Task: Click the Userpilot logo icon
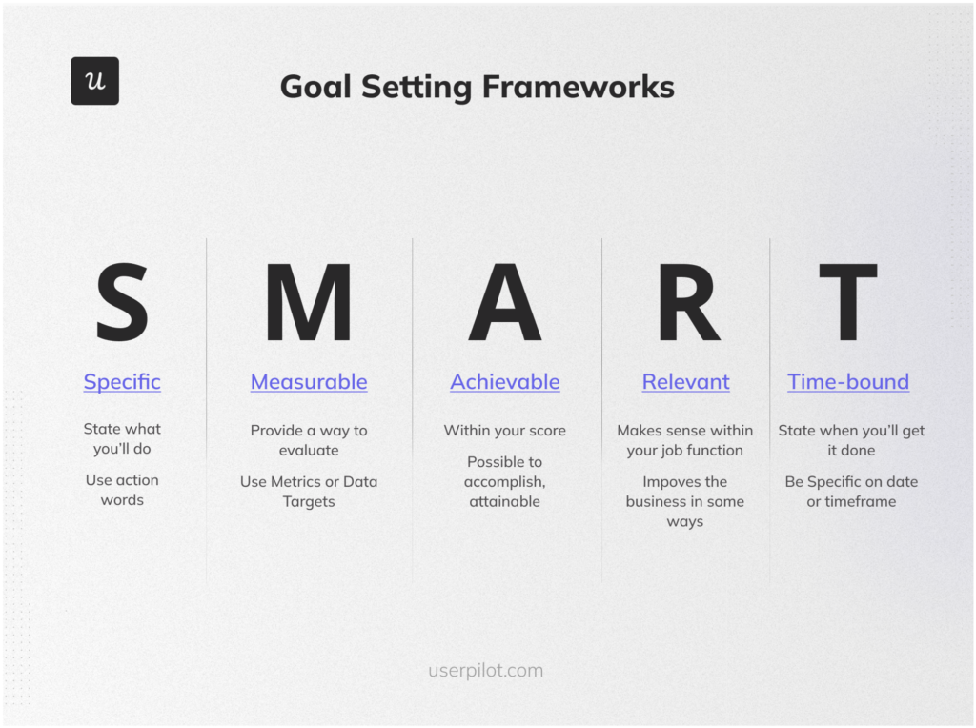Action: coord(94,81)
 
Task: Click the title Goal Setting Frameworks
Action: coord(477,87)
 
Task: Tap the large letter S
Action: coord(122,303)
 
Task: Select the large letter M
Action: coord(308,303)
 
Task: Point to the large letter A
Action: coord(504,303)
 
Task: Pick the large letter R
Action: coord(686,303)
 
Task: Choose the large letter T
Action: coord(847,303)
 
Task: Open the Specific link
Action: coord(122,382)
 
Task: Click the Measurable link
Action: coord(309,382)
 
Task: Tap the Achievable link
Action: coord(504,382)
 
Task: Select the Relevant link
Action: coord(685,382)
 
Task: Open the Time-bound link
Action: coord(847,382)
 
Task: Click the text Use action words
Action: coord(122,490)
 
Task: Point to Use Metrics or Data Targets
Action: coord(309,492)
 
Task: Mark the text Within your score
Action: coord(504,431)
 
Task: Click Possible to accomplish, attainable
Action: coord(504,481)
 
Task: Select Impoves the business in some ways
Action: coord(684,501)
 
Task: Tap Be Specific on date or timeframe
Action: coord(851,492)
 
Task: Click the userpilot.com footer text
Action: coord(485,670)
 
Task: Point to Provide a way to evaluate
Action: coord(309,440)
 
